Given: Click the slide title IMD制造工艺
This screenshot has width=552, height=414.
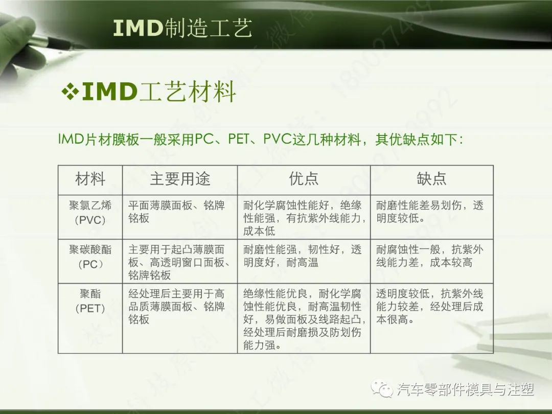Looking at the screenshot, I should pos(182,29).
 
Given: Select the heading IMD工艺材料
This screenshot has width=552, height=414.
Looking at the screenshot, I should pos(158,92).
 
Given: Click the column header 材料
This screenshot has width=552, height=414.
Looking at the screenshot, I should pos(90,179).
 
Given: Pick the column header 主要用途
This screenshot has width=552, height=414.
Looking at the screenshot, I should pos(180,179).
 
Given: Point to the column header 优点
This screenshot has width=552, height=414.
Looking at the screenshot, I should pos(304,179).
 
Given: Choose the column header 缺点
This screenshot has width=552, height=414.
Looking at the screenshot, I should pos(431,179).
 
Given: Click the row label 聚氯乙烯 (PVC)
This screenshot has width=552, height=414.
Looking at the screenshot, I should pos(90,213).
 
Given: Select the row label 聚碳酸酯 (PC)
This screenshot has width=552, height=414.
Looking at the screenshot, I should pos(90,257).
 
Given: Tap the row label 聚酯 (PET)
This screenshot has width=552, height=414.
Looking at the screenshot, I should pos(90,301).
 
